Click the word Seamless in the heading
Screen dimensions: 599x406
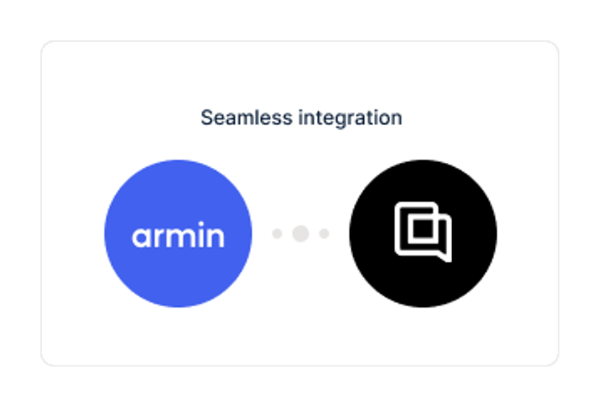(247, 117)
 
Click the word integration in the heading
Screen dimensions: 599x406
(350, 118)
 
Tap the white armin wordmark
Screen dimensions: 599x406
(178, 234)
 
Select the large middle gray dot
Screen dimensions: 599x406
(301, 234)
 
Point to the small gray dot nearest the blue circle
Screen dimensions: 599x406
(277, 234)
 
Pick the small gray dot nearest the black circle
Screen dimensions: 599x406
(324, 234)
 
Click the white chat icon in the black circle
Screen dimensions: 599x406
(423, 232)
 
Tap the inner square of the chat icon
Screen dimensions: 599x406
(421, 229)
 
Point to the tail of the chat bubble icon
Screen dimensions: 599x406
(446, 257)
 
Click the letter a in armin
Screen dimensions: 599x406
(142, 237)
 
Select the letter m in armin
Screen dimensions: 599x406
(181, 237)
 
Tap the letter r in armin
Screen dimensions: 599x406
(160, 237)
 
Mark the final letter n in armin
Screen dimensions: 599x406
(216, 237)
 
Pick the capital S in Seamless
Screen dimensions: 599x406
(207, 117)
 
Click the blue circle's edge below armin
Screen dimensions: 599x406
(178, 307)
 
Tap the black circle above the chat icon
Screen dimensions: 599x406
(423, 179)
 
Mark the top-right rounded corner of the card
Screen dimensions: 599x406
(554, 46)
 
